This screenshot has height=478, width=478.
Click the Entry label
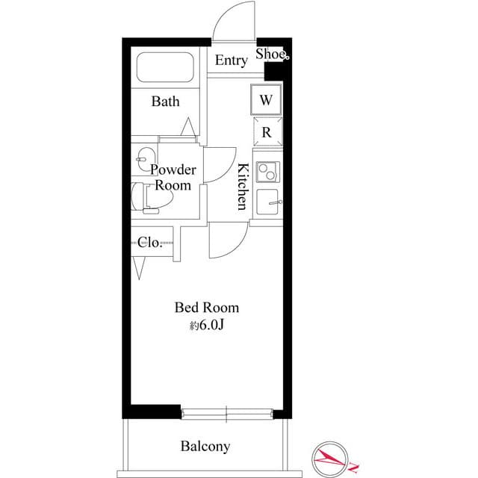pyautogui.click(x=231, y=60)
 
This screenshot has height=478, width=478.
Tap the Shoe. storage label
pyautogui.click(x=272, y=54)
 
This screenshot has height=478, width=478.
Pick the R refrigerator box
pyautogui.click(x=267, y=132)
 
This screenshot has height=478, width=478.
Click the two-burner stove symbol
pyautogui.click(x=267, y=171)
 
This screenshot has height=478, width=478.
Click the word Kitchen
pyautogui.click(x=242, y=186)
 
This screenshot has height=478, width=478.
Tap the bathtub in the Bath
pyautogui.click(x=165, y=69)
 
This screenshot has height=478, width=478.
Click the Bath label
pyautogui.click(x=165, y=102)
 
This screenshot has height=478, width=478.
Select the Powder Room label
pyautogui.click(x=173, y=177)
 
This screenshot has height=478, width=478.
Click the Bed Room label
pyautogui.click(x=207, y=307)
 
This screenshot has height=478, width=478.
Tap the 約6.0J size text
pyautogui.click(x=207, y=325)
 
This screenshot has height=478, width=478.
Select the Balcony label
pyautogui.click(x=205, y=447)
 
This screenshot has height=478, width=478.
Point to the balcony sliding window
pyautogui.click(x=226, y=412)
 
